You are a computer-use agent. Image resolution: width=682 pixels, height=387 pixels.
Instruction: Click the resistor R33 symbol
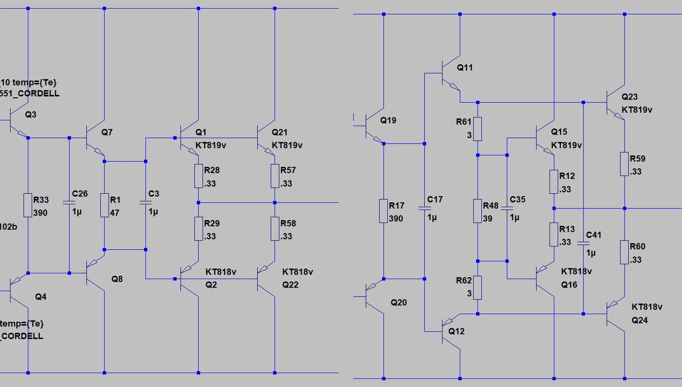pyautogui.click(x=28, y=205)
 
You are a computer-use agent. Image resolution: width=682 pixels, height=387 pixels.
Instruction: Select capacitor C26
pyautogui.click(x=69, y=203)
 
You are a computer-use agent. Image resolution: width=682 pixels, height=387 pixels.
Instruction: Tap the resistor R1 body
pyautogui.click(x=104, y=205)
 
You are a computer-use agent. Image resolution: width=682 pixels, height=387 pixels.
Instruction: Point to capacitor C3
pyautogui.click(x=145, y=203)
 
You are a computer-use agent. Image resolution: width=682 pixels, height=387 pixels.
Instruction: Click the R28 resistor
pyautogui.click(x=198, y=176)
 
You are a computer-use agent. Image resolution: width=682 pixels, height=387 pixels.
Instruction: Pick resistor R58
pyautogui.click(x=275, y=229)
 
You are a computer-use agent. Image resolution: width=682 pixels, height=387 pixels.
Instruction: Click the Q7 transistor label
pyautogui.click(x=107, y=132)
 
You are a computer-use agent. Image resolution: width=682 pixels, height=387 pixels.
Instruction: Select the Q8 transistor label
pyautogui.click(x=117, y=279)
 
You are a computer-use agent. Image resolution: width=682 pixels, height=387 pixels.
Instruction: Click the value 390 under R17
pyautogui.click(x=396, y=219)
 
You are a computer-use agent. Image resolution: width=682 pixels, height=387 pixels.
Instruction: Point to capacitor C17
pyautogui.click(x=425, y=208)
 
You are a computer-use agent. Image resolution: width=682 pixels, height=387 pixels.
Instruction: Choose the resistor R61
pyautogui.click(x=478, y=129)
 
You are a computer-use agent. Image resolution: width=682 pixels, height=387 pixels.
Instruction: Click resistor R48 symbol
pyautogui.click(x=478, y=211)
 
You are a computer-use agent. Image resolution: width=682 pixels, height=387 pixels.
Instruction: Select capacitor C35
pyautogui.click(x=507, y=208)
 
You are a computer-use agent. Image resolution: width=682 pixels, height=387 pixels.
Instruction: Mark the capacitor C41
pyautogui.click(x=583, y=244)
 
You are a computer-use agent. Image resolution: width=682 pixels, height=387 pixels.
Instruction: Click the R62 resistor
pyautogui.click(x=478, y=288)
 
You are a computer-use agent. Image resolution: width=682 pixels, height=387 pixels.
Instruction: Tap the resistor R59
pyautogui.click(x=624, y=164)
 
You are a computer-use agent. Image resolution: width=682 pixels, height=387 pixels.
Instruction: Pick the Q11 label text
pyautogui.click(x=465, y=68)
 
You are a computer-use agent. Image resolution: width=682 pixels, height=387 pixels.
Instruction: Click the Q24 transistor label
pyautogui.click(x=639, y=320)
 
